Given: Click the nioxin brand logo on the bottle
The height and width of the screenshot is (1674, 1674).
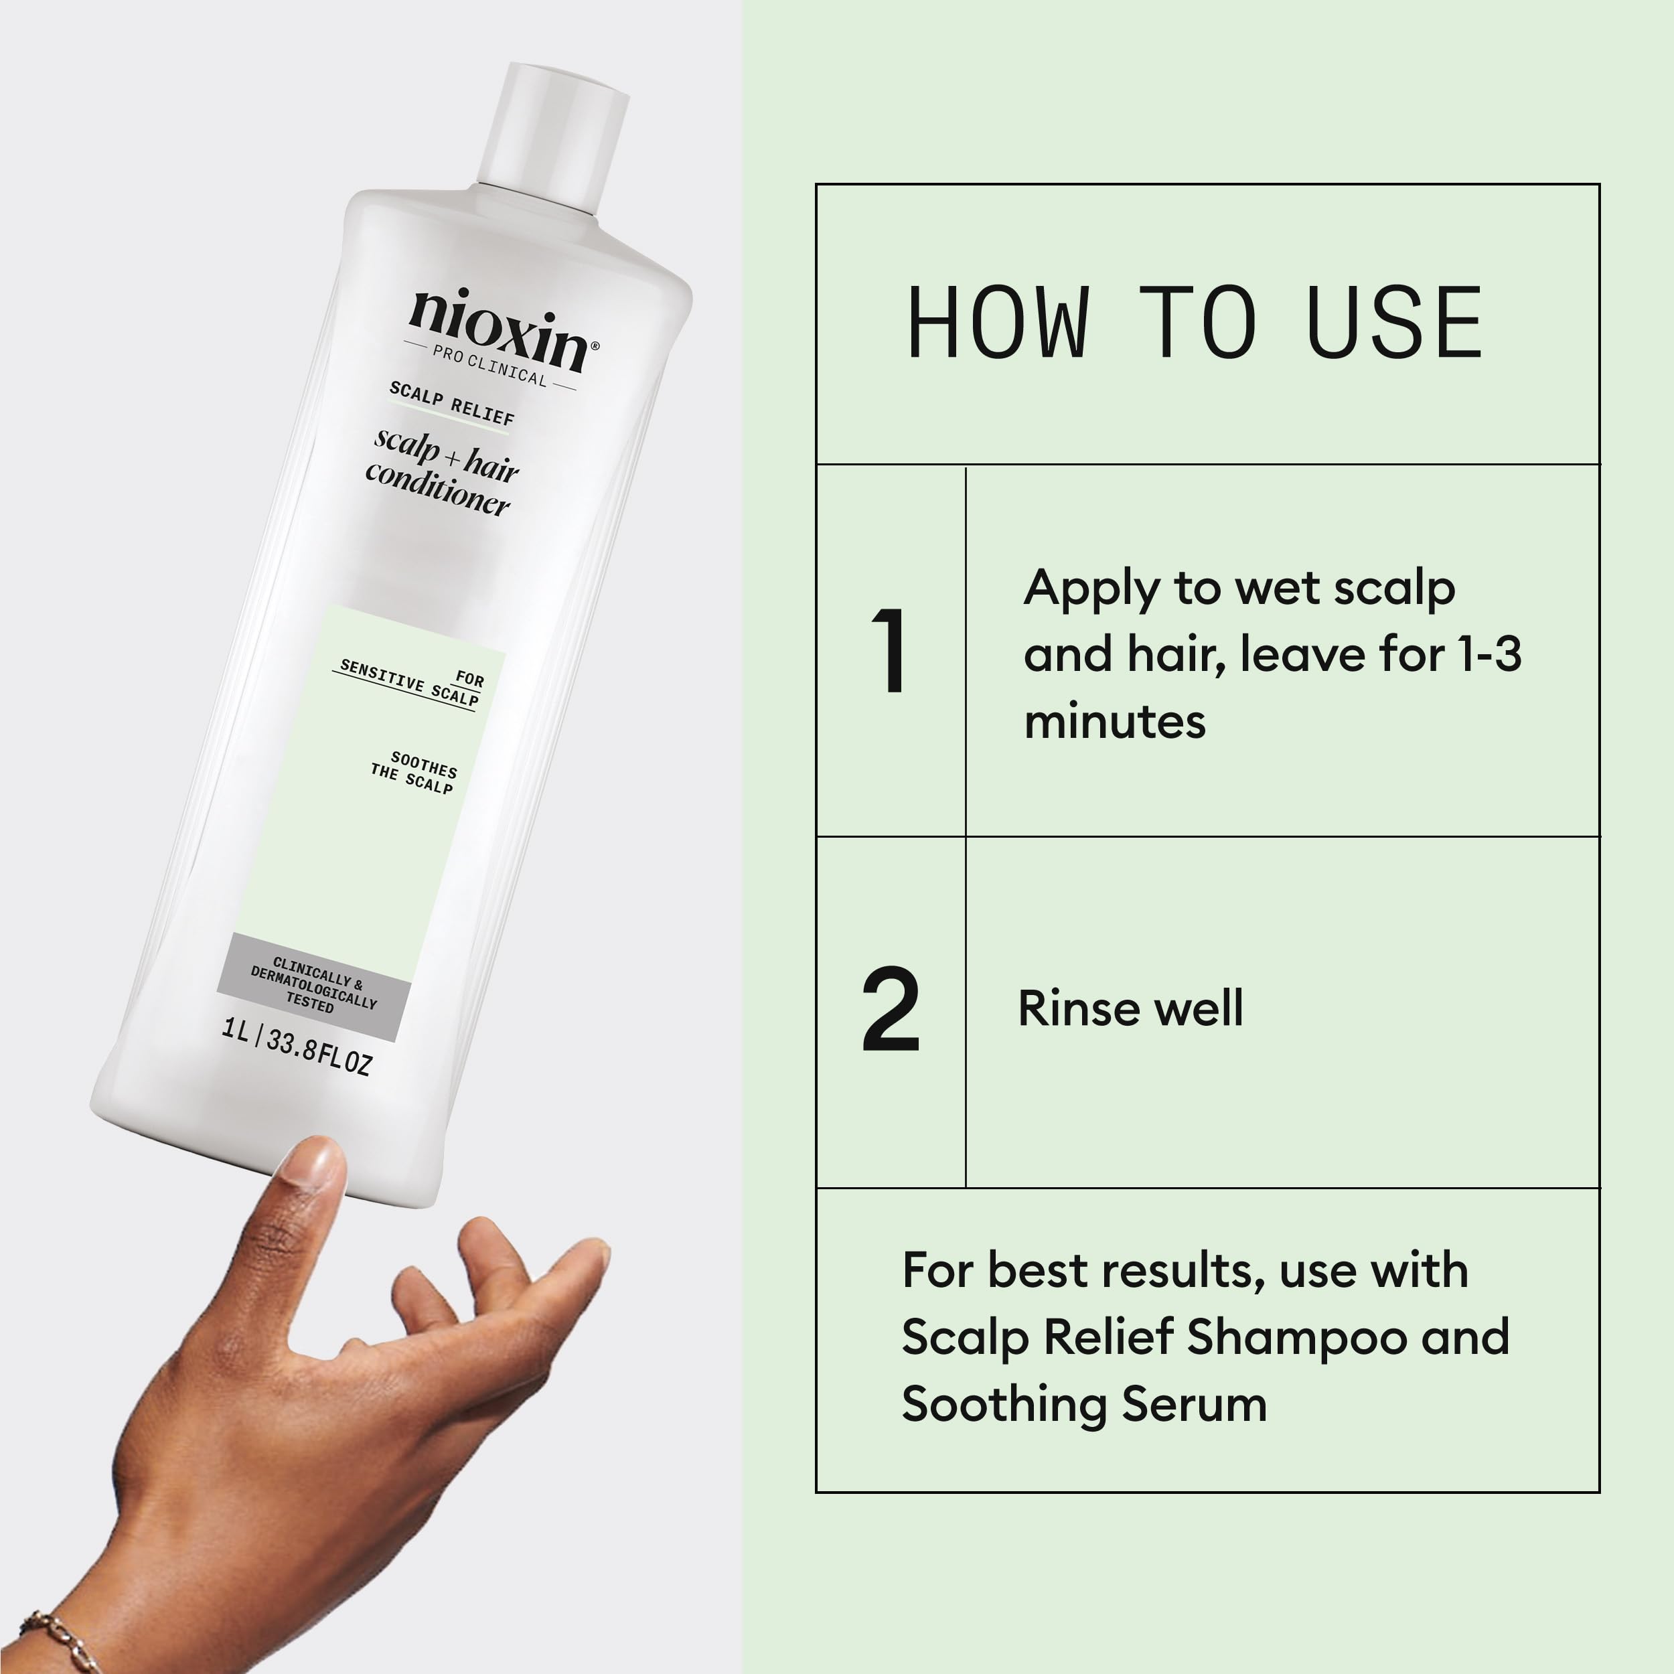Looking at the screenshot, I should [502, 329].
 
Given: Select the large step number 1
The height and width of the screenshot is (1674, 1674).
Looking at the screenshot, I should [890, 651].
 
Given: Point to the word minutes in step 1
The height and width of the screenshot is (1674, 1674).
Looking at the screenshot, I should [1114, 722].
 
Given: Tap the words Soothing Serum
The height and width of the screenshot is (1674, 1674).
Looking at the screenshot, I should [1083, 1403].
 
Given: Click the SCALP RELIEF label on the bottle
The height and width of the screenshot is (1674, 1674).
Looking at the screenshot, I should [451, 403].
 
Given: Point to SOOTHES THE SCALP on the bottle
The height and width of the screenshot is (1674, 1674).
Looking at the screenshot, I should [414, 772].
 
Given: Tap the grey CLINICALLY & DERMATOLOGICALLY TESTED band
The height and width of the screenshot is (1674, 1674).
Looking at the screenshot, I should [313, 987].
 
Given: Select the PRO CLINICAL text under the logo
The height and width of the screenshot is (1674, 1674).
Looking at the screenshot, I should [489, 366].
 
